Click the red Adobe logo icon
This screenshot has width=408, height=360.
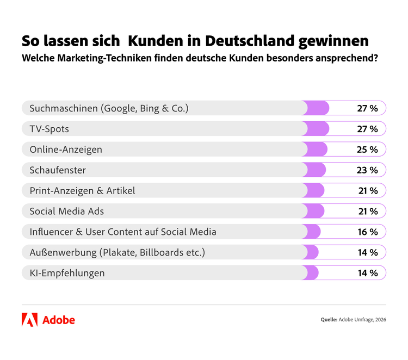point(29,320)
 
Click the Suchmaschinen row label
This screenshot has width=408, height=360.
point(109,108)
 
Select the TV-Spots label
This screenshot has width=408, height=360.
point(49,129)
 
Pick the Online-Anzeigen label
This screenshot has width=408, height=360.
point(65,150)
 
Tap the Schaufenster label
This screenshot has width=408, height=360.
point(57,170)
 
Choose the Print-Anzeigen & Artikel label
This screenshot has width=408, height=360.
point(82,191)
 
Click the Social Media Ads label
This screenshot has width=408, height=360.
point(66,211)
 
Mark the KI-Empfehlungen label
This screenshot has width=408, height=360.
point(67,273)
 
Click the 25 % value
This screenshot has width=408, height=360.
point(367,150)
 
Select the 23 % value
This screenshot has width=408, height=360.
point(367,170)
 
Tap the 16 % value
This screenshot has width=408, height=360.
point(367,232)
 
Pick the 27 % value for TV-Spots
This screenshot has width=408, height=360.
point(367,129)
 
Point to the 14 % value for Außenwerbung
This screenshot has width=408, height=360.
point(367,252)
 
